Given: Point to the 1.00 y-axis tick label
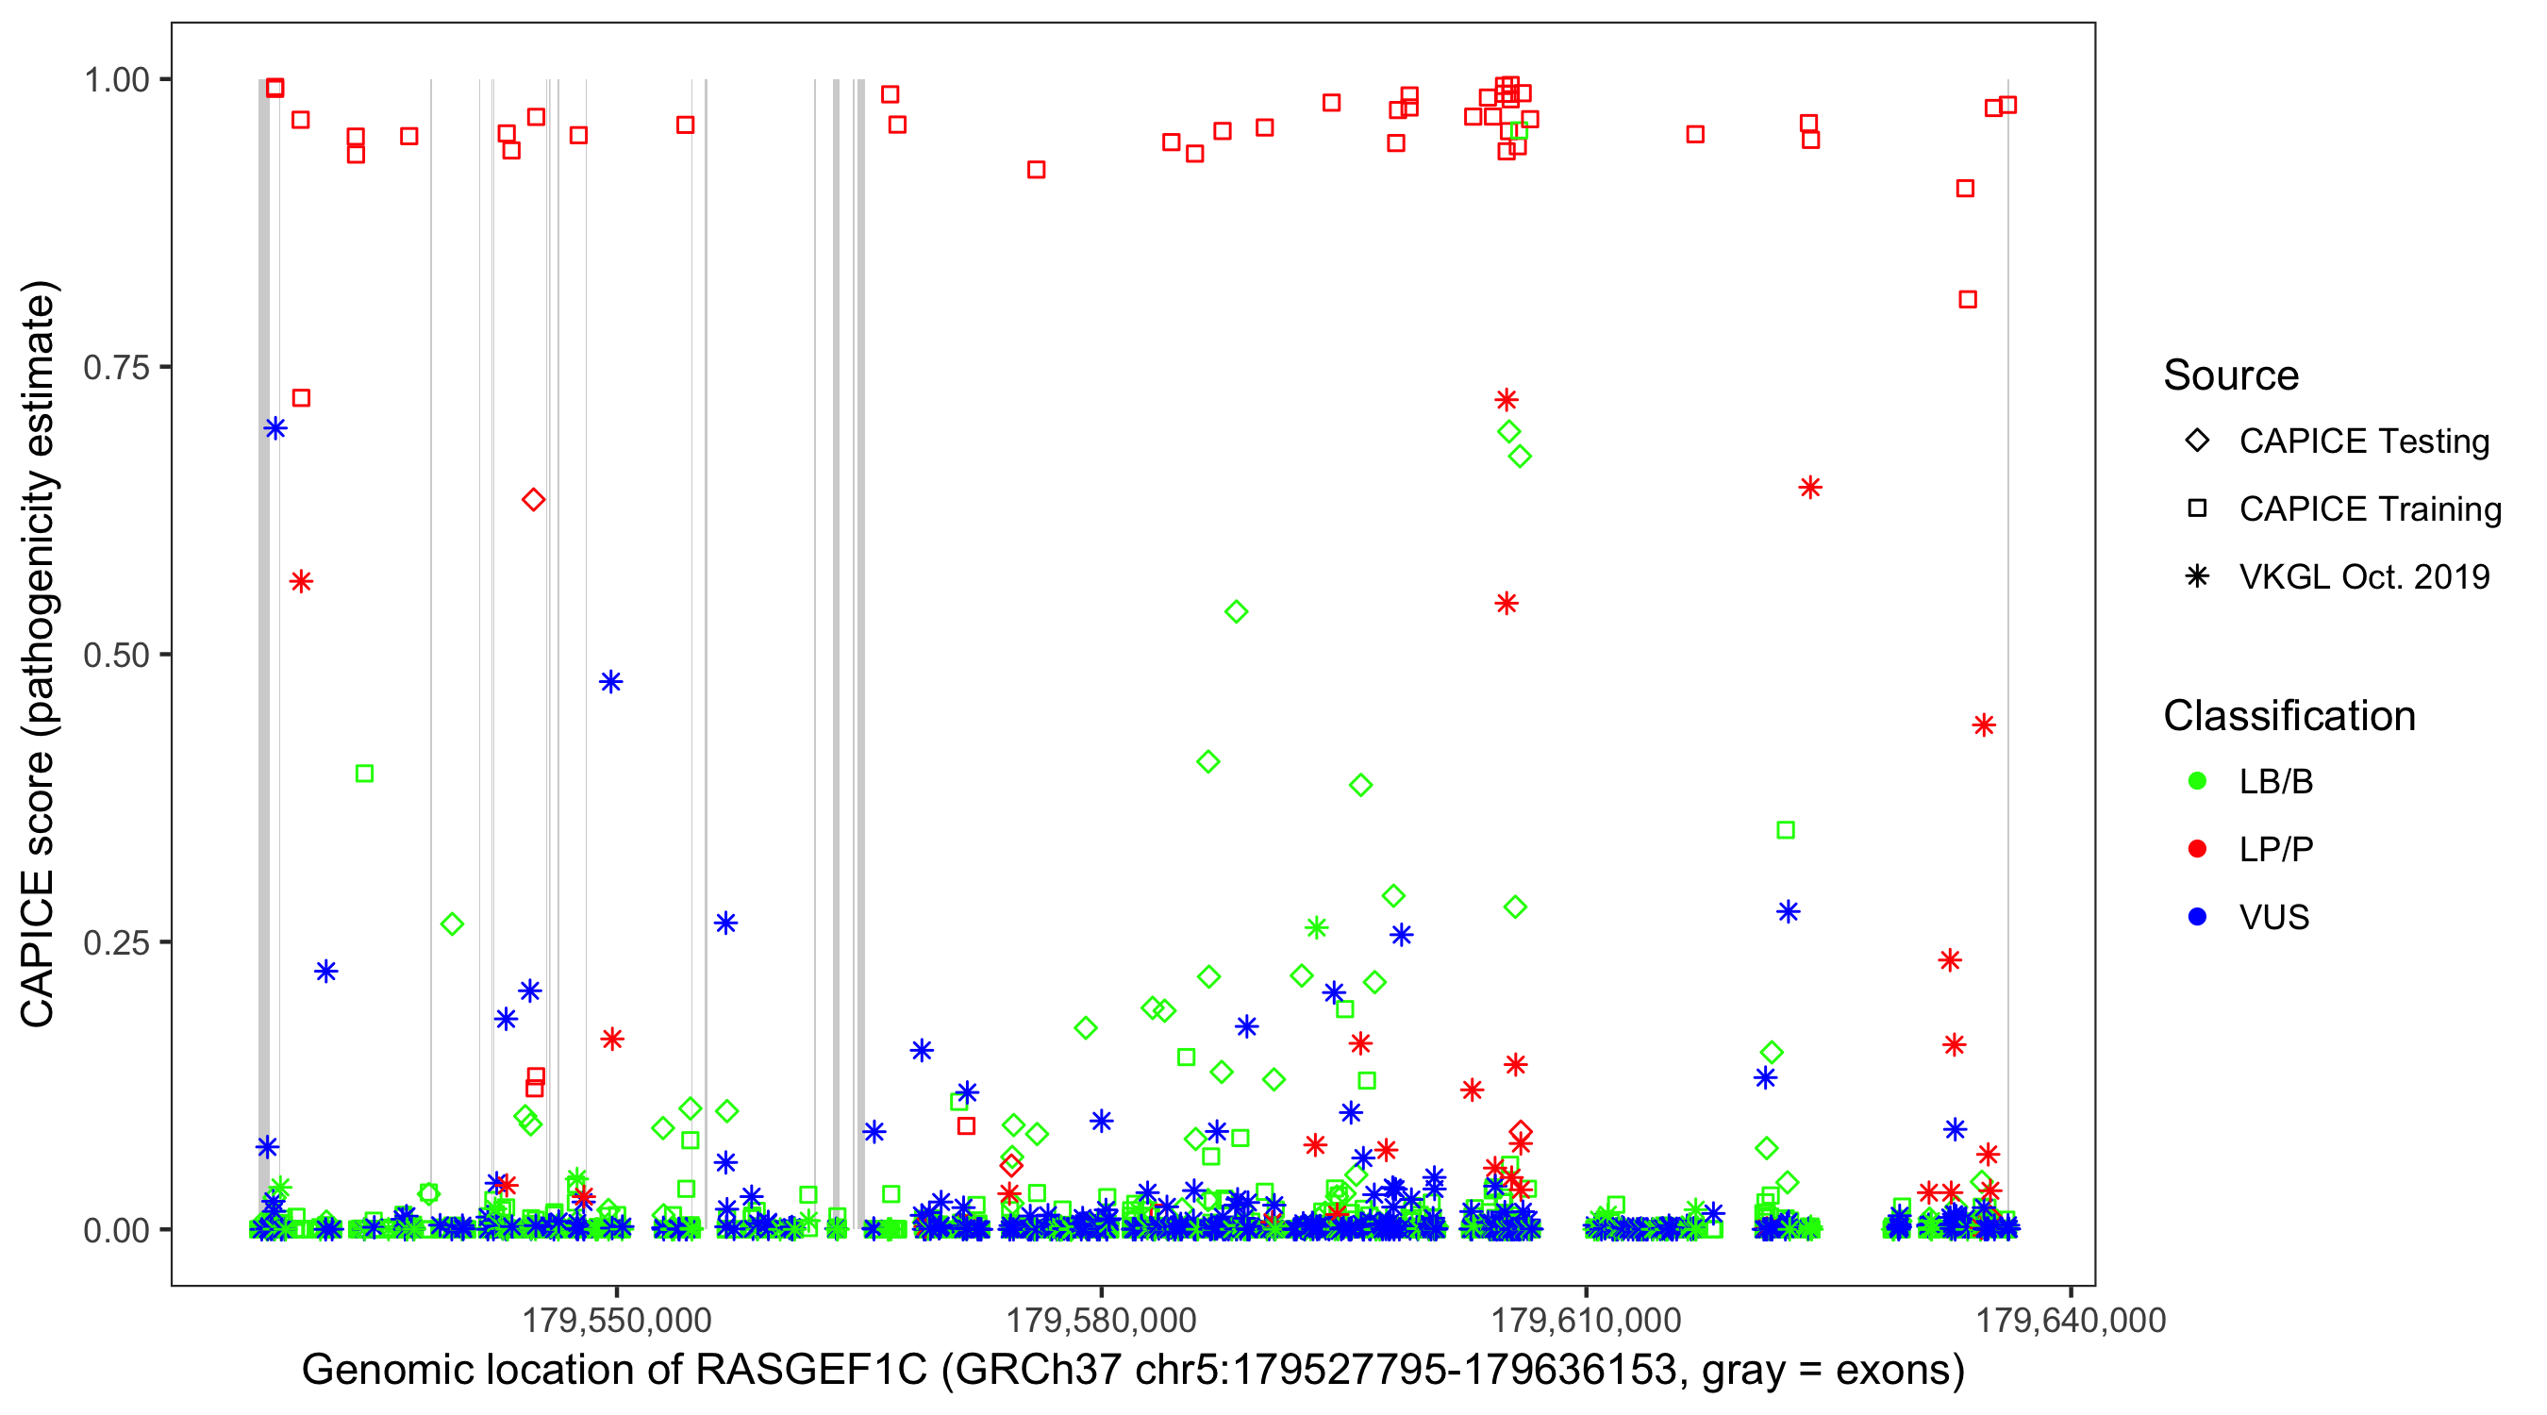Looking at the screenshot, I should click(x=115, y=79).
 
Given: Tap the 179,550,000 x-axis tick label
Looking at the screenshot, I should click(x=616, y=1319).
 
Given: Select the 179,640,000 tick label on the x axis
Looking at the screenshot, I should click(x=2071, y=1319).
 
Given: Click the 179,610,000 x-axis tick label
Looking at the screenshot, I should click(x=1586, y=1319).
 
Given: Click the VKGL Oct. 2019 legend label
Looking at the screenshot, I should click(x=2363, y=576).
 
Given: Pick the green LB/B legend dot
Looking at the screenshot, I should click(x=2197, y=781).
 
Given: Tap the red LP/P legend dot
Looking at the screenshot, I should click(x=2197, y=848).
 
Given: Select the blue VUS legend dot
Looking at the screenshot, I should click(x=2197, y=917).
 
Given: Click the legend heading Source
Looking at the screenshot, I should click(x=2231, y=375).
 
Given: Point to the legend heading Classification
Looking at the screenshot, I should click(x=2289, y=716).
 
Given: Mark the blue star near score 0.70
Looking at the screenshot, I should click(x=275, y=428).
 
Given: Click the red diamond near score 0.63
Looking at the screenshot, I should click(x=533, y=499).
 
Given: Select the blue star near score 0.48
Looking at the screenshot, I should click(x=611, y=681).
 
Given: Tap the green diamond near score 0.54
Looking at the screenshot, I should click(x=1236, y=612).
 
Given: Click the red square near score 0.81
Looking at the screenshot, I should click(x=1968, y=300).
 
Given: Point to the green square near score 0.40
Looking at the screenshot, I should click(x=364, y=774).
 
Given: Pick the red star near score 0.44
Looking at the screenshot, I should click(x=1984, y=725).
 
